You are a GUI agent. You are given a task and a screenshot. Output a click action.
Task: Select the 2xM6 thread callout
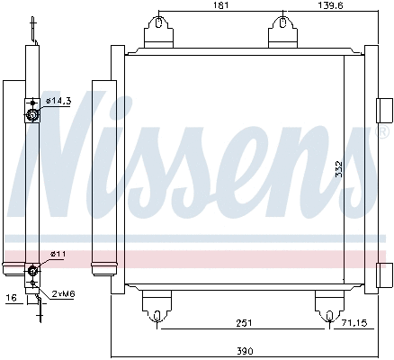coord(63,294)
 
